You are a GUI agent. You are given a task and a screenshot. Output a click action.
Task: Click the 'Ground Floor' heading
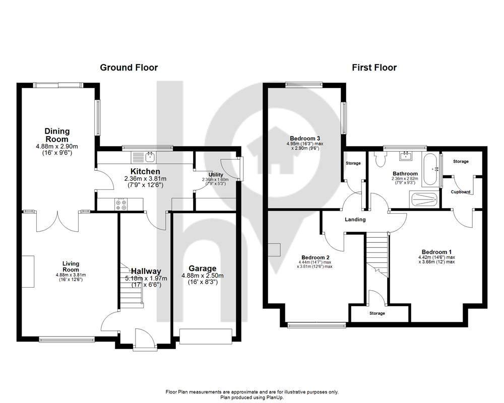(x=129, y=68)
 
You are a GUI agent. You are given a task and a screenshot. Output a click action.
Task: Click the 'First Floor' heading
(x=374, y=68)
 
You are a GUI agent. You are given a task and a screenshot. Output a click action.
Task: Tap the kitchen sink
(x=150, y=157)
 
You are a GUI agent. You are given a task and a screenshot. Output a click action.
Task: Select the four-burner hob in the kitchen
(x=120, y=205)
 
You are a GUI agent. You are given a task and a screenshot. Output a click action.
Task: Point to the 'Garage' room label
(x=202, y=268)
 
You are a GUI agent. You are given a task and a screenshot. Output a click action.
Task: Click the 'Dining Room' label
(x=57, y=135)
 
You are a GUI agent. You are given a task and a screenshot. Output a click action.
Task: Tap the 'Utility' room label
(x=216, y=175)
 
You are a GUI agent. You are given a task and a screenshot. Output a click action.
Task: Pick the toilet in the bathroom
(x=380, y=159)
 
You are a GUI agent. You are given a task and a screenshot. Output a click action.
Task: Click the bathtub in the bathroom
(x=430, y=170)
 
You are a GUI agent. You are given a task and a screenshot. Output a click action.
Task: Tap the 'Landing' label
(x=355, y=220)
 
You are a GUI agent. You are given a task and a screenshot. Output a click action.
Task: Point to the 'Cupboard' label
(x=461, y=192)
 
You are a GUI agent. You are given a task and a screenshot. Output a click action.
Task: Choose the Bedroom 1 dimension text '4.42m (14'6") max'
(x=436, y=257)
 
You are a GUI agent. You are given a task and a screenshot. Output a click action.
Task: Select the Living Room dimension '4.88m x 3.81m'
(x=71, y=275)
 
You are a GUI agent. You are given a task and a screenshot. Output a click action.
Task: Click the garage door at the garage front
(x=206, y=337)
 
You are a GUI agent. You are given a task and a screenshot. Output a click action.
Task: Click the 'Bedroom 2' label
(x=316, y=257)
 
